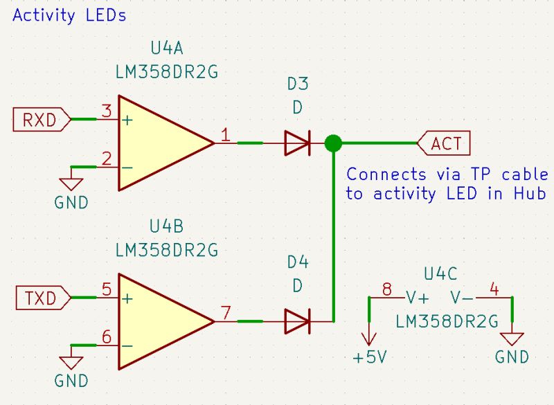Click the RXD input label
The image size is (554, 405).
coord(40,120)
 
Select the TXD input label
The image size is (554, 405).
coord(40,299)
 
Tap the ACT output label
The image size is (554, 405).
coord(445,144)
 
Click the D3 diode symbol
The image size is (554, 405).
coord(297,144)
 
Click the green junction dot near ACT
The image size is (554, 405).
coord(333,144)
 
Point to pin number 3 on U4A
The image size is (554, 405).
coord(107,111)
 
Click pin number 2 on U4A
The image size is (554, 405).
coord(107,159)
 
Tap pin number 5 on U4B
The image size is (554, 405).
coord(107,289)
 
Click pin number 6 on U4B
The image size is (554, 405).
coord(107,337)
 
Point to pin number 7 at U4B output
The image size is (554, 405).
coord(226,312)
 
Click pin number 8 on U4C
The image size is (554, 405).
coord(386,288)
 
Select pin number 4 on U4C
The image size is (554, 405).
coord(493,288)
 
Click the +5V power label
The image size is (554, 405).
coord(369,359)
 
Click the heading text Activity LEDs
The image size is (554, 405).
coord(69,15)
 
